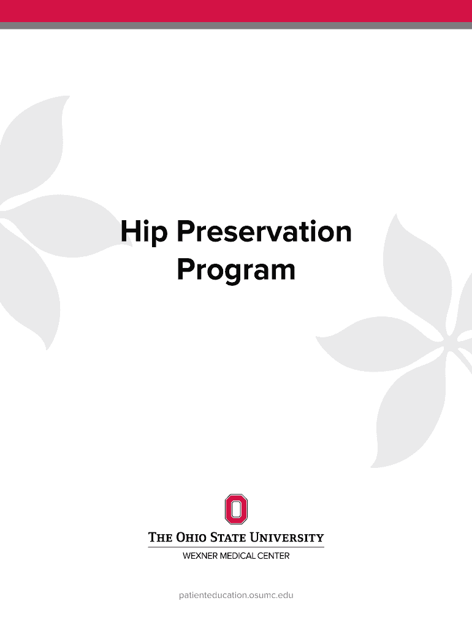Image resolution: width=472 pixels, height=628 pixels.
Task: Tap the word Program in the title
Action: tap(236, 270)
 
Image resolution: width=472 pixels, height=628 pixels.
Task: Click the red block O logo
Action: tap(236, 509)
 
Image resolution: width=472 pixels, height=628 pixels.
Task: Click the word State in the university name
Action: tap(239, 538)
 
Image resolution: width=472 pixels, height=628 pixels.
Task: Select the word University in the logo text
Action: tap(292, 538)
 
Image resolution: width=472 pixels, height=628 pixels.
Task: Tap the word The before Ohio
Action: tap(160, 538)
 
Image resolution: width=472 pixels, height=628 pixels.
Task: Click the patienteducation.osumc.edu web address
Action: tap(236, 595)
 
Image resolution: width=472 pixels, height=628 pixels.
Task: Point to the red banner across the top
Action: tap(236, 10)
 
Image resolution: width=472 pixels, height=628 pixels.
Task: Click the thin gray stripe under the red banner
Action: tap(236, 26)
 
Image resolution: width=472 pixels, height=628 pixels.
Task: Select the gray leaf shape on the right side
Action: tap(417, 343)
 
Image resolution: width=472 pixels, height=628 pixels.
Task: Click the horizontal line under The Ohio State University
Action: tap(236, 547)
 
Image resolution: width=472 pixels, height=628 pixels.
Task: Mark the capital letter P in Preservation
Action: tap(184, 232)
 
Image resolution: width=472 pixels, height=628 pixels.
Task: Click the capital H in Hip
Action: tap(130, 232)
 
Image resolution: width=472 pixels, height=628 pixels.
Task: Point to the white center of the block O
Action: tap(236, 509)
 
